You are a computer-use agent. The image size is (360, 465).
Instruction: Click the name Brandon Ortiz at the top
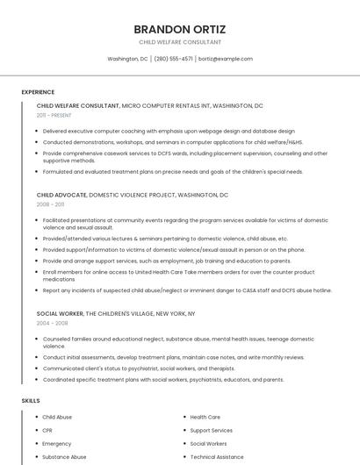pyautogui.click(x=179, y=28)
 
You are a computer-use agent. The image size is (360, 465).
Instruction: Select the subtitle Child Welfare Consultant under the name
pyautogui.click(x=179, y=42)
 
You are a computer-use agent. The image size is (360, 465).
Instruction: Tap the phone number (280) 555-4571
pyautogui.click(x=174, y=59)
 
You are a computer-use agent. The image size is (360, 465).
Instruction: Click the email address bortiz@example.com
pyautogui.click(x=226, y=59)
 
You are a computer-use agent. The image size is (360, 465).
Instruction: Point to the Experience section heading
pyautogui.click(x=38, y=91)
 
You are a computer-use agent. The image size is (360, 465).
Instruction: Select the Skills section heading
pyautogui.click(x=31, y=400)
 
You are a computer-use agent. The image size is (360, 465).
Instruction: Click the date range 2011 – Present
pyautogui.click(x=54, y=115)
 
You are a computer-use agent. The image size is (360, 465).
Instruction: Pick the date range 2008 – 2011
pyautogui.click(x=50, y=204)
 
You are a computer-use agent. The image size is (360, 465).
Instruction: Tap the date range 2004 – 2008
pyautogui.click(x=52, y=322)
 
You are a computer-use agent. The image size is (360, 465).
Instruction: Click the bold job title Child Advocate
pyautogui.click(x=61, y=195)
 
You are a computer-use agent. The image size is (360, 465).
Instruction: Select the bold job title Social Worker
pyautogui.click(x=60, y=313)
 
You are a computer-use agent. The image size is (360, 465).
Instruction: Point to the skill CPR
pyautogui.click(x=47, y=430)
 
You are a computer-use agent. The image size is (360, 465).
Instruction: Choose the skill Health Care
pyautogui.click(x=205, y=417)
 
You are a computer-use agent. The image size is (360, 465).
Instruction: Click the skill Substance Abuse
pyautogui.click(x=64, y=456)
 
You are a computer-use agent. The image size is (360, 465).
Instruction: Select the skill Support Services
pyautogui.click(x=211, y=430)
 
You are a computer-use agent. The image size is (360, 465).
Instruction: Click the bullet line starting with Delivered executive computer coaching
pyautogui.click(x=169, y=131)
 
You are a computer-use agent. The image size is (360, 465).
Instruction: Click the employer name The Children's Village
pyautogui.click(x=125, y=313)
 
